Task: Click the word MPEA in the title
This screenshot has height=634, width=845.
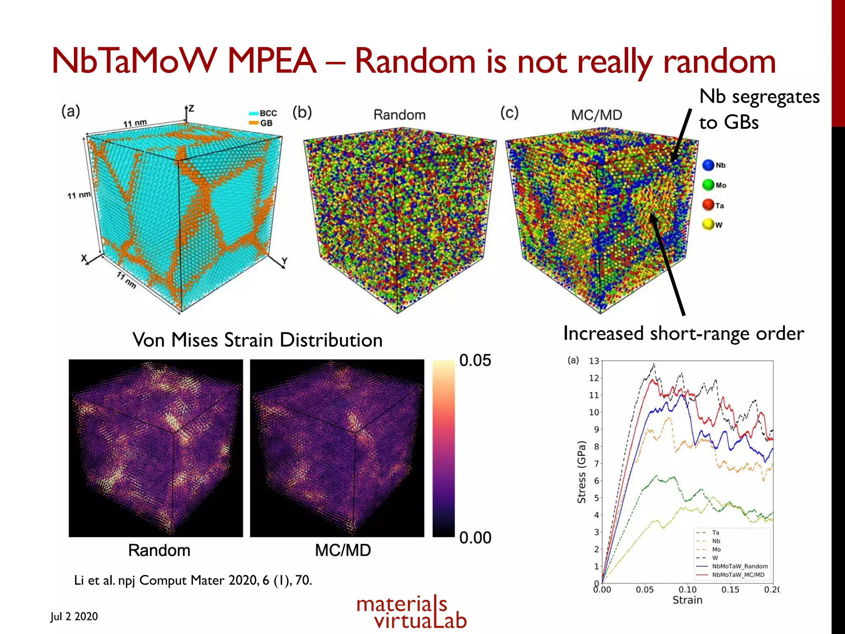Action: pos(272,62)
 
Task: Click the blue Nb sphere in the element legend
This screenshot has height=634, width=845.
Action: pos(708,165)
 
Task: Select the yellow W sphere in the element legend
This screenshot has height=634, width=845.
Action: pos(708,225)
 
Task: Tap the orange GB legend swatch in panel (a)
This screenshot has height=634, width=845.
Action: pos(253,123)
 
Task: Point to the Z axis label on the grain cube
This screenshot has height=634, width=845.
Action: pos(191,109)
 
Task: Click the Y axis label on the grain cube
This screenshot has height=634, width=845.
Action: pos(284,261)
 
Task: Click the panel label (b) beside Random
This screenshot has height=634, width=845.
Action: pos(302,112)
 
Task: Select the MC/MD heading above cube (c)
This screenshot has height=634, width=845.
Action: pos(596,115)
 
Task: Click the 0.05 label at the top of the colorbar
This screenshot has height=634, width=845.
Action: pos(475,360)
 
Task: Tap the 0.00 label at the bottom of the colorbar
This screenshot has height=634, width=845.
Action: pos(475,538)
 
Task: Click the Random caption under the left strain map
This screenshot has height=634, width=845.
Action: pos(159,550)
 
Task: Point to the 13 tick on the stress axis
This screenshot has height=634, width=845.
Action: pos(594,361)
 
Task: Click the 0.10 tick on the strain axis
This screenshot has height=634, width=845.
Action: pos(687,589)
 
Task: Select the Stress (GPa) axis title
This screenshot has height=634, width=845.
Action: pos(581,472)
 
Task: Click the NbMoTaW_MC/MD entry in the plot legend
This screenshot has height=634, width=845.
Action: pos(738,575)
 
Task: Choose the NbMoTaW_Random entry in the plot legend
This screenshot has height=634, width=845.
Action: pos(739,566)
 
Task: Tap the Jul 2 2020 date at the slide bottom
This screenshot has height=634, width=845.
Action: pos(74,616)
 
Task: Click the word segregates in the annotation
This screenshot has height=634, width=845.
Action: pos(775,97)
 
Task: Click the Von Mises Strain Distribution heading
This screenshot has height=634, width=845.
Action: pos(257,340)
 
